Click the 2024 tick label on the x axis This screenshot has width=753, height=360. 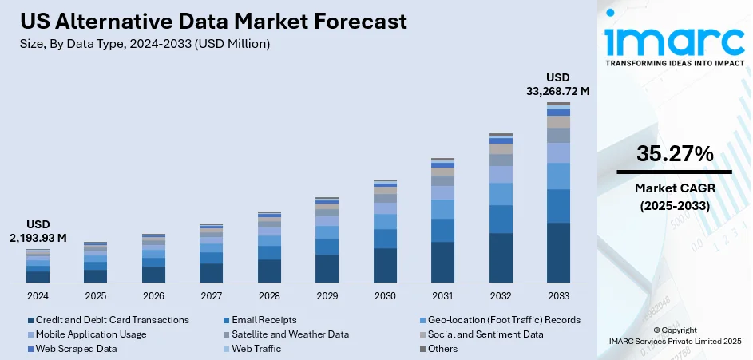point(38,295)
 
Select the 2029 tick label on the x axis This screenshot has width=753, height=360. point(327,295)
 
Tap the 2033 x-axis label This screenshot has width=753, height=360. point(558,295)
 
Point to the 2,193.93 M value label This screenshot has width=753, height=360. point(38,237)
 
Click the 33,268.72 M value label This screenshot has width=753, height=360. point(558,90)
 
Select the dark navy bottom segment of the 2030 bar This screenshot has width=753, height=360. point(385,265)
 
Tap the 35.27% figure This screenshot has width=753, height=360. point(675,155)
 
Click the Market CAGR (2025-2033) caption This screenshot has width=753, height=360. point(675,196)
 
